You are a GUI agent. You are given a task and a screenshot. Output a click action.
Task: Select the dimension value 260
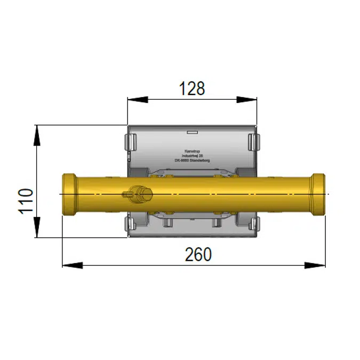[x=198, y=255]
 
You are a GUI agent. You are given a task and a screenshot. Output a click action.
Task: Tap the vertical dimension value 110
[x=26, y=201]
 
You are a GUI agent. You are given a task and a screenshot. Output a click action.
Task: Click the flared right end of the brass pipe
[x=319, y=195]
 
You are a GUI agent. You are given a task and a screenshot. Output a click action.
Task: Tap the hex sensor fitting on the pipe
[x=140, y=194]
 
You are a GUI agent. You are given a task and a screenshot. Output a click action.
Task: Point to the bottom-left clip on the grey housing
[x=130, y=224]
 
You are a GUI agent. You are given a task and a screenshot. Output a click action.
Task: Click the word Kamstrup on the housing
[x=190, y=150]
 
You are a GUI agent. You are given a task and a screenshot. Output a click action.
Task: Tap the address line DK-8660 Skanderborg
[x=191, y=159]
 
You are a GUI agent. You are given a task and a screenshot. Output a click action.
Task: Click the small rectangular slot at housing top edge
[x=191, y=130]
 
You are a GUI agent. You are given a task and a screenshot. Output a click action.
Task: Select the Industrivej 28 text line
[x=191, y=155]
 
